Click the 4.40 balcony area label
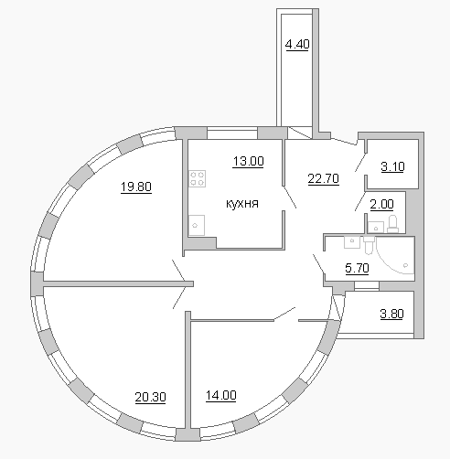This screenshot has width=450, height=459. coord(297,45)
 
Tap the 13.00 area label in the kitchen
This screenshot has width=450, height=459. coord(248,161)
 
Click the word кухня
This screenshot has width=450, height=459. coord(242,203)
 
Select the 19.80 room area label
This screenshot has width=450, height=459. coord(136,187)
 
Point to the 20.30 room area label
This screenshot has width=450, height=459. coord(150,397)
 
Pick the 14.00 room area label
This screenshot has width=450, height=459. coord(221,395)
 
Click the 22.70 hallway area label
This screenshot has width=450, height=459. coord(323,178)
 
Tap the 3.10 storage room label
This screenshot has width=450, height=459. coord(392,166)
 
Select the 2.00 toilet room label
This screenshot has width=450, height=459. coord(381,204)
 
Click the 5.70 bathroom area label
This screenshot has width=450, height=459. coord(357,268)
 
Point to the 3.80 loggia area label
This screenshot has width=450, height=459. coord(391,314)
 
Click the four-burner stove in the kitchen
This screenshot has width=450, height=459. coord(198,178)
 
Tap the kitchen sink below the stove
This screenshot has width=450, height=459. coord(197,225)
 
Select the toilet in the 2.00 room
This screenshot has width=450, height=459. coord(392,224)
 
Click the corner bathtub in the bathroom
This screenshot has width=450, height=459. coord(395,255)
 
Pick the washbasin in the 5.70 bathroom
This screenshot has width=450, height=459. coord(352,242)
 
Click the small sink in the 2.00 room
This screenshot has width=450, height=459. coord(376,228)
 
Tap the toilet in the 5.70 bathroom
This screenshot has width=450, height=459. coord(369,245)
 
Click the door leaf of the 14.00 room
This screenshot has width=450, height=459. coord(284,314)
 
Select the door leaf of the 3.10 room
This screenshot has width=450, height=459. coord(360,163)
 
